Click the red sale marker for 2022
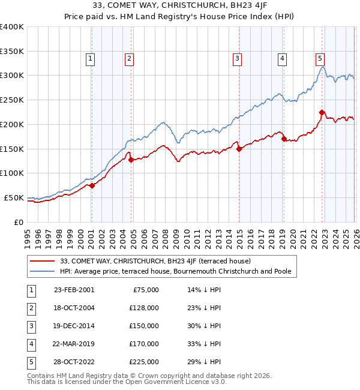tap(322, 112)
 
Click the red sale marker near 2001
tap(92, 185)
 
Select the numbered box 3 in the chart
tap(238, 58)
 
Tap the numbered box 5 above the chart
tap(320, 58)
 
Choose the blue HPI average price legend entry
tap(175, 272)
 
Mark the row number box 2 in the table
tap(30, 307)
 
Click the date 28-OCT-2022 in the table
tap(74, 361)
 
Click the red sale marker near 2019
tap(284, 139)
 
